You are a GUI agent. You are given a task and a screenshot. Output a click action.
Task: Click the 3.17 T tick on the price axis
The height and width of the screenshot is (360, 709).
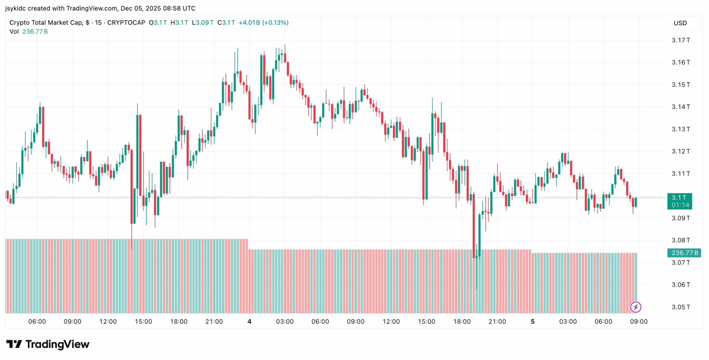tap(681, 40)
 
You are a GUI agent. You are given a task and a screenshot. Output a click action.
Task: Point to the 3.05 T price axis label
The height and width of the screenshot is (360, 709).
tap(681, 307)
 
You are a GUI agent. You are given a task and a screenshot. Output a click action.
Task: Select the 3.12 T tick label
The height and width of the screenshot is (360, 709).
tap(681, 151)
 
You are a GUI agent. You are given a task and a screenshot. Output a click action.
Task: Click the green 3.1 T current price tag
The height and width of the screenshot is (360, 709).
tap(679, 201)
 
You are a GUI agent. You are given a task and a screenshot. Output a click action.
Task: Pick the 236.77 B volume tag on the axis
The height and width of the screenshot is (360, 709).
tap(684, 253)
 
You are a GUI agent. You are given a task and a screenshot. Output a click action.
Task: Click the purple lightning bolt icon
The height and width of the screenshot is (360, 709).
tap(636, 307)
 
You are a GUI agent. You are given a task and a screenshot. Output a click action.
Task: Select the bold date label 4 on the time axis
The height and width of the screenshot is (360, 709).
tap(249, 322)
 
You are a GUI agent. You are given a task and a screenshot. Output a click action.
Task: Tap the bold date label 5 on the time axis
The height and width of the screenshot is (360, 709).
tap(532, 322)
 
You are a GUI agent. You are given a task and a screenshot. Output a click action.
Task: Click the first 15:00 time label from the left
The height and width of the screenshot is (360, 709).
tap(143, 322)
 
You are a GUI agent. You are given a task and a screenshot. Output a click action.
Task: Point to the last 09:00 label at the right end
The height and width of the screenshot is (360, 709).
tap(638, 322)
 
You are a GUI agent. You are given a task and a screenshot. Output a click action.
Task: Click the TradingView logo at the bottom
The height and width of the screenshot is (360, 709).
tap(48, 344)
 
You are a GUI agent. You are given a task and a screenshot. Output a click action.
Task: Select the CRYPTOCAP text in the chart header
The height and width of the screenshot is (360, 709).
tap(126, 23)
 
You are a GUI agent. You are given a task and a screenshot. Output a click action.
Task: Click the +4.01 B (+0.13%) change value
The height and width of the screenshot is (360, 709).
tap(263, 23)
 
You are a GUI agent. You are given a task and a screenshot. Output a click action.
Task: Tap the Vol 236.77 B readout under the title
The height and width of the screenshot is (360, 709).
tap(29, 31)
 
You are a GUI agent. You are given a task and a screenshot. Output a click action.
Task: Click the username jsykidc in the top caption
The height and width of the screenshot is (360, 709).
tap(16, 8)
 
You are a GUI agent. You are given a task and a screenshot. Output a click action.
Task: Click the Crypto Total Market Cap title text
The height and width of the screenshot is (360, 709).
tap(46, 23)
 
